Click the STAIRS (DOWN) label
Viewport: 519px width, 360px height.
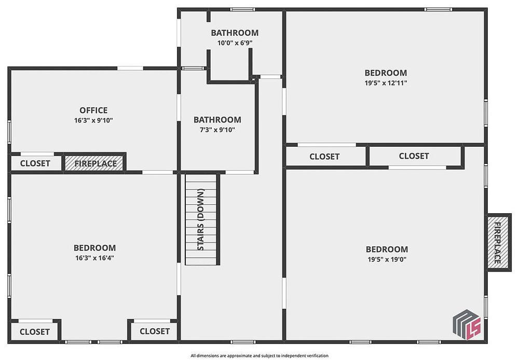point(200,219)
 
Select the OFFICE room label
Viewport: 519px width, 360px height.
point(93,110)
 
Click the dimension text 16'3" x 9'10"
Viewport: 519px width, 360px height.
point(93,120)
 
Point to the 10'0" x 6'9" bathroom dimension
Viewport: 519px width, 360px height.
point(235,43)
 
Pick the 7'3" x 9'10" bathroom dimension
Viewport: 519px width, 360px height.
point(217,130)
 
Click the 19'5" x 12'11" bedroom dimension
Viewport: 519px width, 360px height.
point(386,82)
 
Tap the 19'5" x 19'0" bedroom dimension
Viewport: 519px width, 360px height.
point(387,259)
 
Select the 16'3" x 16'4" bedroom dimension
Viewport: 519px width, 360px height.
point(94,258)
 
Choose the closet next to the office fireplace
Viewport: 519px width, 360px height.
point(35,163)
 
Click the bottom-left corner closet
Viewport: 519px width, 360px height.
point(34,331)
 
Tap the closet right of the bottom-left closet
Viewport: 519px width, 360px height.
point(155,331)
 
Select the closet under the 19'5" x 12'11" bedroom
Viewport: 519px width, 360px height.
point(325,157)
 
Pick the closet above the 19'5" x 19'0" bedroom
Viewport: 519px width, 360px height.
point(414,156)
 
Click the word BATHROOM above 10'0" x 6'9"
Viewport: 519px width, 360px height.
point(235,33)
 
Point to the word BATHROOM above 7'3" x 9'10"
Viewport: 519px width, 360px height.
point(217,120)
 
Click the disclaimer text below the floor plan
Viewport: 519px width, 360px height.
point(259,356)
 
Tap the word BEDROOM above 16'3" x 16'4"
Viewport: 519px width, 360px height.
point(94,248)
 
